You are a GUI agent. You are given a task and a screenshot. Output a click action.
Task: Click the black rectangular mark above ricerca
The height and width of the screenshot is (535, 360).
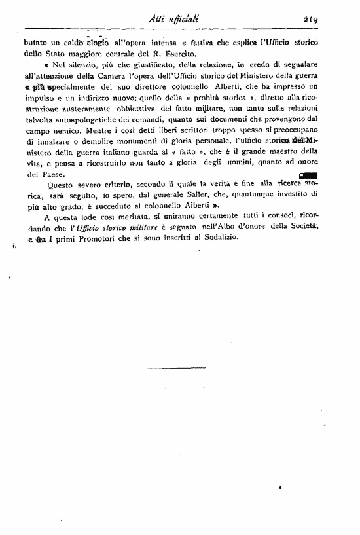(x=307, y=175)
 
